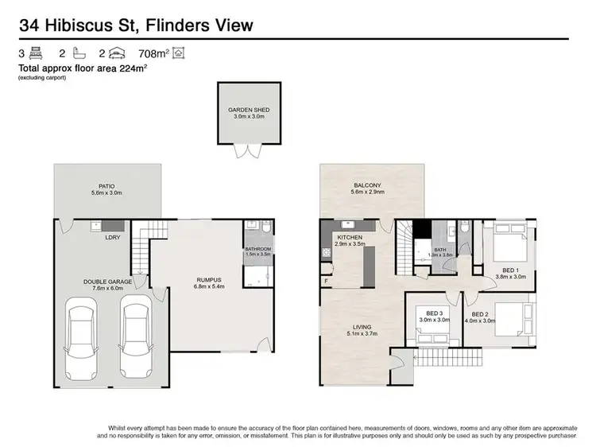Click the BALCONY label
[369, 186]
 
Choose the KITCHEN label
[350, 238]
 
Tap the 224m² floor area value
[136, 68]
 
